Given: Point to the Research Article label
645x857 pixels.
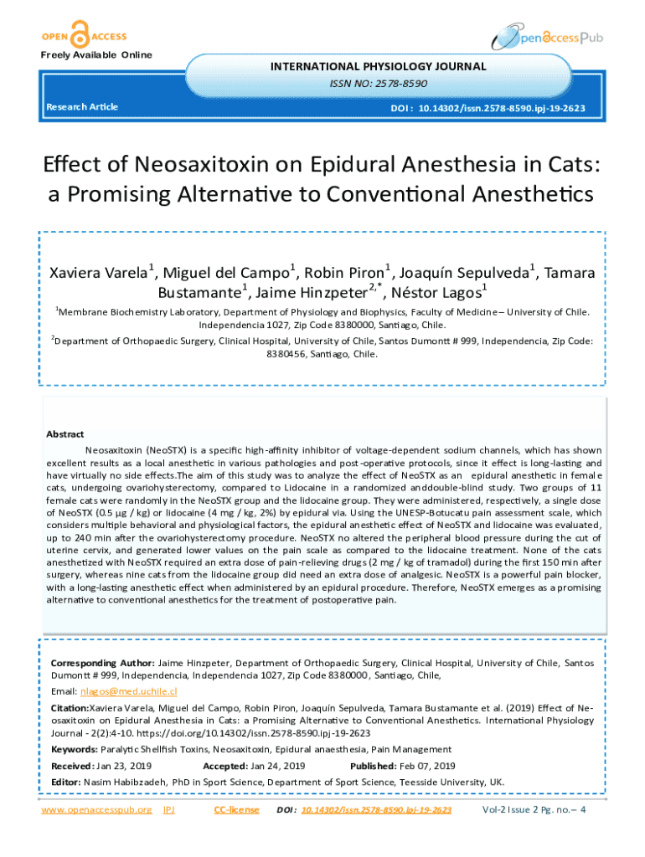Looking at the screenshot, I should [82, 107].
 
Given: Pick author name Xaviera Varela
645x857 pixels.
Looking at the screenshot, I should [99, 274].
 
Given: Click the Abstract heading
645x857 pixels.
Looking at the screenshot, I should [65, 434].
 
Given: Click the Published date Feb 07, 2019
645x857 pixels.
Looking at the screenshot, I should [426, 766].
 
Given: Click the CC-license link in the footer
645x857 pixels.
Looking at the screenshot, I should [237, 810].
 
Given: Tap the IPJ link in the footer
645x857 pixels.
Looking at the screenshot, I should [168, 810].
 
